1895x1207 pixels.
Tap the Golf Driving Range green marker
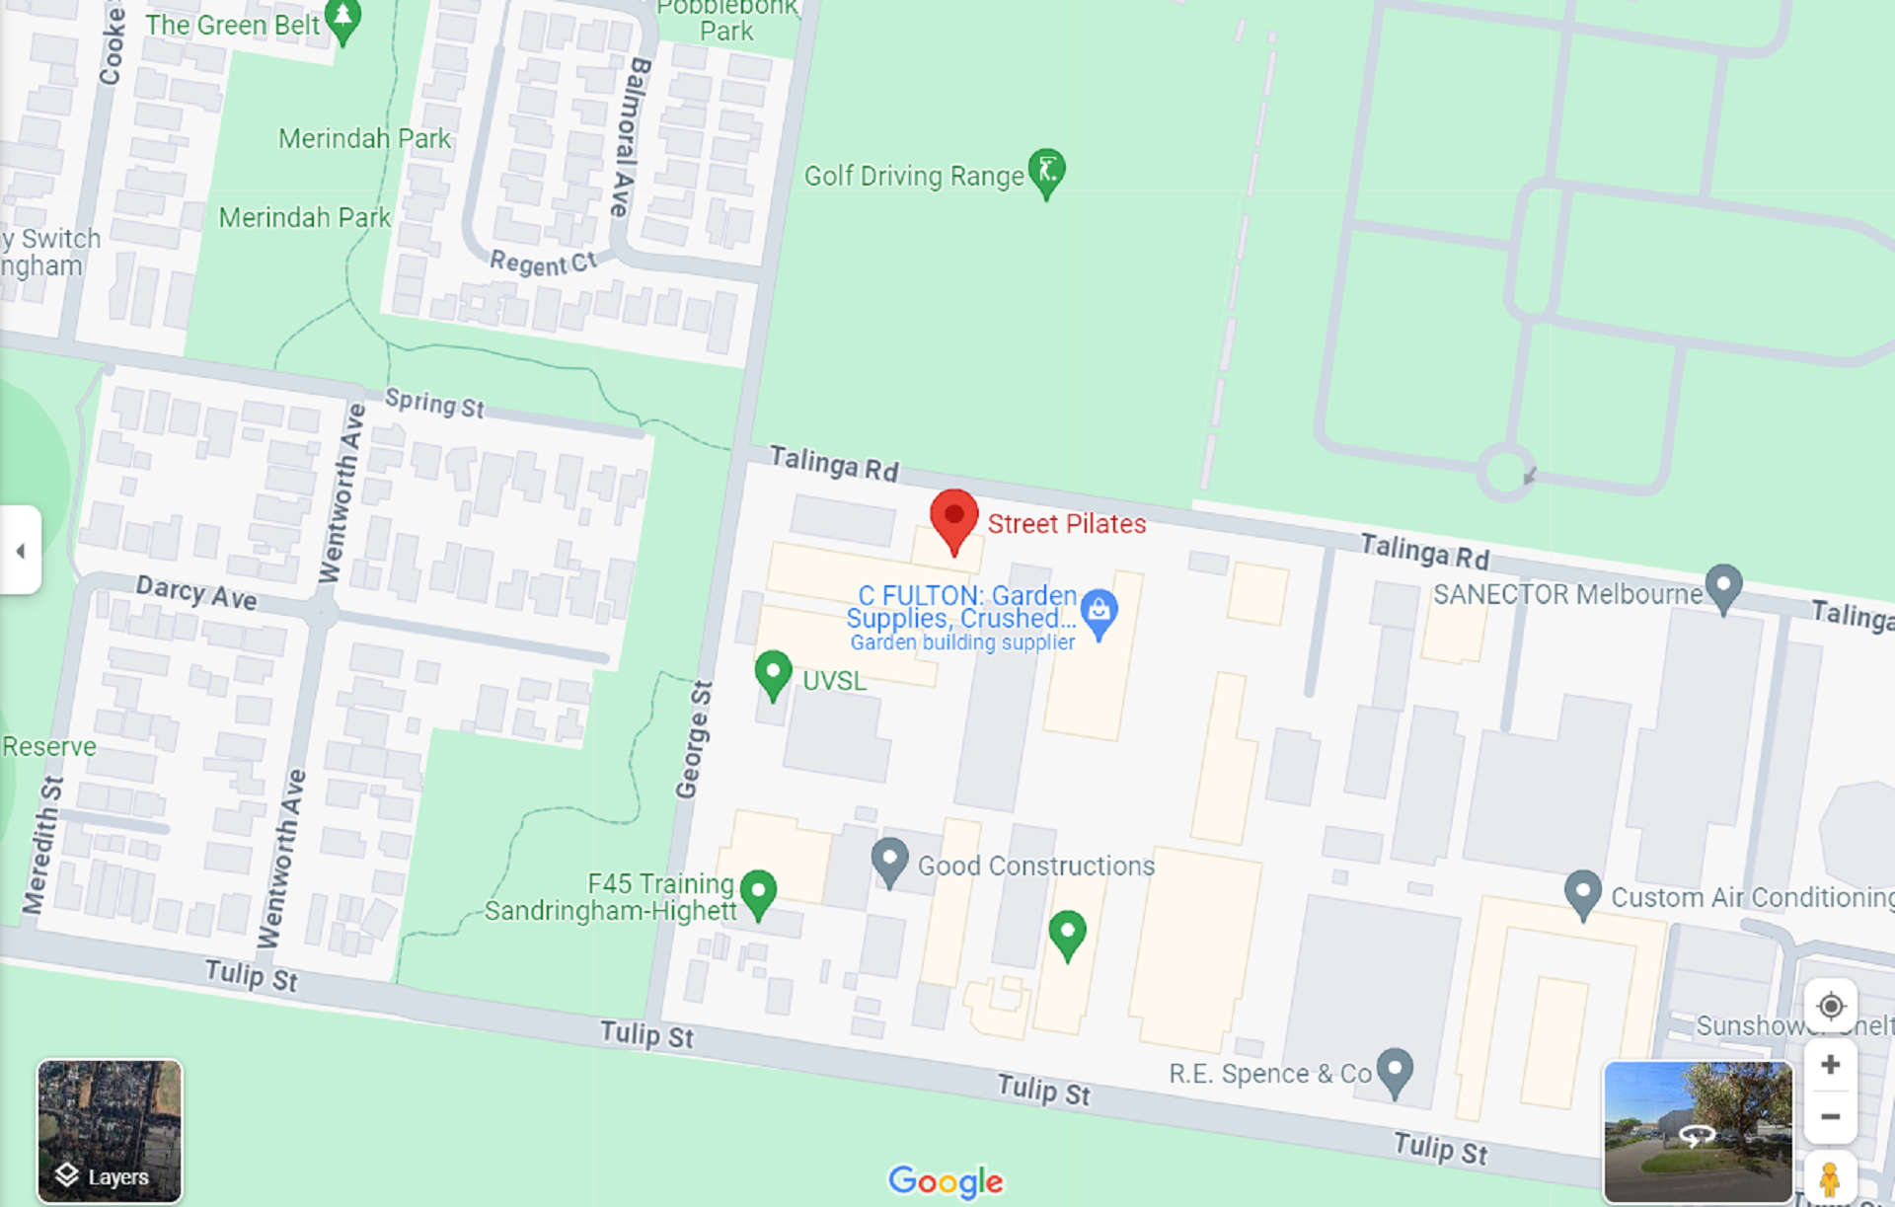(x=1046, y=172)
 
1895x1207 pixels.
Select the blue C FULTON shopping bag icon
(x=1099, y=612)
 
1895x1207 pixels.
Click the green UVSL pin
(x=773, y=673)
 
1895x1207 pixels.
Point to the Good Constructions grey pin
(x=889, y=861)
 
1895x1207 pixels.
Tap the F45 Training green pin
(x=758, y=892)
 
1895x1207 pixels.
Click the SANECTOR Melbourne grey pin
(x=1723, y=586)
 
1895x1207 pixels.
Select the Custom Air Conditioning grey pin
(x=1583, y=892)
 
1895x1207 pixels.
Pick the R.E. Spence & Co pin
(x=1395, y=1070)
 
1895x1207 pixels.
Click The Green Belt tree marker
(x=342, y=20)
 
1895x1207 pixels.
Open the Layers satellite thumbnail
(x=110, y=1131)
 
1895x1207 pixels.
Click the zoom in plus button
(x=1830, y=1065)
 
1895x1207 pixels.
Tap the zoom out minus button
(x=1830, y=1117)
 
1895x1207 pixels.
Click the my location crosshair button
(x=1830, y=1006)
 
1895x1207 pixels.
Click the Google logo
(x=946, y=1180)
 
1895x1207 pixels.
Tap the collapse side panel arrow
(x=21, y=551)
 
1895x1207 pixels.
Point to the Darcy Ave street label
(x=196, y=593)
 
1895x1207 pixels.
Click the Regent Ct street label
(x=543, y=263)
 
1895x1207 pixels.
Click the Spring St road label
(x=434, y=403)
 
